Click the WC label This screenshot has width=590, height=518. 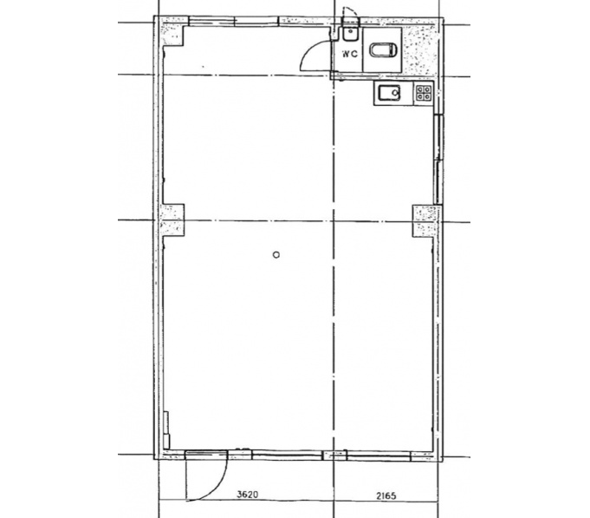click(349, 54)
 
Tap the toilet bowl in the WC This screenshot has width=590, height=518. click(384, 50)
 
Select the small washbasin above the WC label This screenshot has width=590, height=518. click(350, 35)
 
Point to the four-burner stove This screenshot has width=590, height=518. click(424, 93)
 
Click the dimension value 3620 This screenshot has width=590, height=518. click(248, 495)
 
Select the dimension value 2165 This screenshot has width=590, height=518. click(386, 495)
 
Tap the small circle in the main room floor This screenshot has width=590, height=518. click(276, 255)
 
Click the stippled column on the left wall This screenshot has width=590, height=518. click(172, 220)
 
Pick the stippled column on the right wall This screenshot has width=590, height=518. click(425, 221)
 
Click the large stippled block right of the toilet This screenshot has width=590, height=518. click(420, 49)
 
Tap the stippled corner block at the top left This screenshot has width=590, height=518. click(172, 31)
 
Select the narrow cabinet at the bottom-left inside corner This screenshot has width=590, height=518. click(166, 430)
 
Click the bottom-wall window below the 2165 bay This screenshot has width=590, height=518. click(378, 456)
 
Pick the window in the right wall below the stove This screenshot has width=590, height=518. click(438, 160)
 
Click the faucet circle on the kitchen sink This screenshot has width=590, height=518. click(395, 93)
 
